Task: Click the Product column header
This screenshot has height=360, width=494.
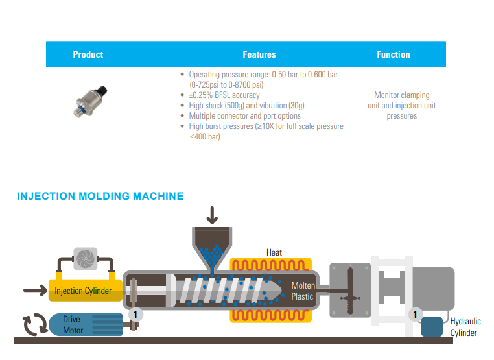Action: click(88, 54)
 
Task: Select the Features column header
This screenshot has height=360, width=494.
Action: click(259, 54)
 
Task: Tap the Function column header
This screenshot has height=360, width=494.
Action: click(394, 54)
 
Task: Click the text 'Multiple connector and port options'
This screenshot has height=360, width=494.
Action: click(244, 115)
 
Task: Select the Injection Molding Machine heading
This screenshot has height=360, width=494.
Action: click(100, 196)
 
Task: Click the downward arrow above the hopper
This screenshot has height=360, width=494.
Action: click(212, 214)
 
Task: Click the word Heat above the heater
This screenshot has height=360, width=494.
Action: click(274, 252)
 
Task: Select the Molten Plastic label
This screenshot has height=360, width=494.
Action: click(302, 291)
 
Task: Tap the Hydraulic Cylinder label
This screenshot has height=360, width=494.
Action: click(464, 327)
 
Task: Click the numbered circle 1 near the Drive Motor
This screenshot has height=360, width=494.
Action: click(135, 313)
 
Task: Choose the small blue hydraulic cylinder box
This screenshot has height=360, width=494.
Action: click(432, 326)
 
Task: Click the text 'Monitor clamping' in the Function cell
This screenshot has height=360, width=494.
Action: click(402, 95)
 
